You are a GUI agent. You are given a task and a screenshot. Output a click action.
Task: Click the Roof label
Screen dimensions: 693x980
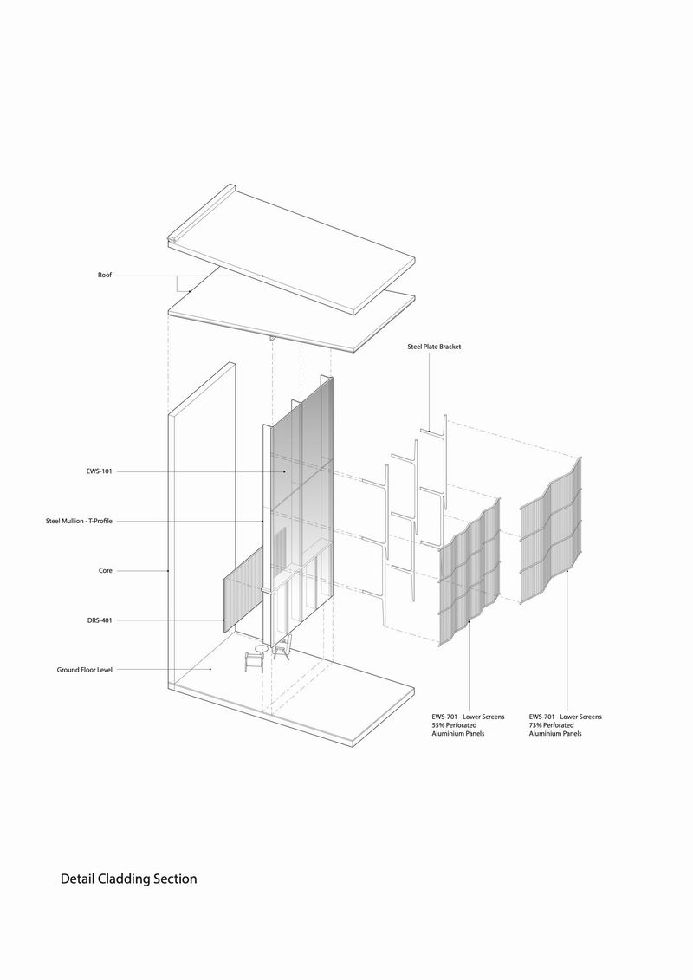pos(104,275)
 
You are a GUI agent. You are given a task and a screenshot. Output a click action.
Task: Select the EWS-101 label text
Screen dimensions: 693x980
pos(100,471)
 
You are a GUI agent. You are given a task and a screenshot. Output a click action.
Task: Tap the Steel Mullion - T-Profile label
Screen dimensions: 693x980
pos(79,521)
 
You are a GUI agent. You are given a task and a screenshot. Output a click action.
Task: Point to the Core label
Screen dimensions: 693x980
pos(106,571)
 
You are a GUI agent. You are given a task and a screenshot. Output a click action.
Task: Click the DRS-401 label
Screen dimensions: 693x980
pos(100,620)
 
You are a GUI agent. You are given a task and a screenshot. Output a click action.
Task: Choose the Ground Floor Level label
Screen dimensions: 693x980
pos(85,670)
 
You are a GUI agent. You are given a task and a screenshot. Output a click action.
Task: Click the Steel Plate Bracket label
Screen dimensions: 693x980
pos(434,347)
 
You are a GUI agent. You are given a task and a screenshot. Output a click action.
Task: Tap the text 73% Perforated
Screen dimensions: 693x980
pos(552,725)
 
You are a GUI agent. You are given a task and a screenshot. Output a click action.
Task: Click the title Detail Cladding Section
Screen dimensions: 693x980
pos(129,879)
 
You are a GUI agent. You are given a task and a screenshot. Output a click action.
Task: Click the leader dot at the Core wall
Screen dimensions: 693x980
pos(169,571)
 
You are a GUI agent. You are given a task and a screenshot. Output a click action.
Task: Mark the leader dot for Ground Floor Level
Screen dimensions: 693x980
pos(210,670)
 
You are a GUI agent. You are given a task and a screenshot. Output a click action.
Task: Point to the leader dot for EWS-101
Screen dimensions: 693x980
pos(285,471)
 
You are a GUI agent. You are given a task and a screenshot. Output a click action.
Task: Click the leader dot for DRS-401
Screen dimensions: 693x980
pos(224,620)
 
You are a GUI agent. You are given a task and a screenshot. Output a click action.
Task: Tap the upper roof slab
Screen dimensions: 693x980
pos(291,250)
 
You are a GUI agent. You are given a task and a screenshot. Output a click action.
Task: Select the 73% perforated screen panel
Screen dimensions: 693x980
pos(551,531)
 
